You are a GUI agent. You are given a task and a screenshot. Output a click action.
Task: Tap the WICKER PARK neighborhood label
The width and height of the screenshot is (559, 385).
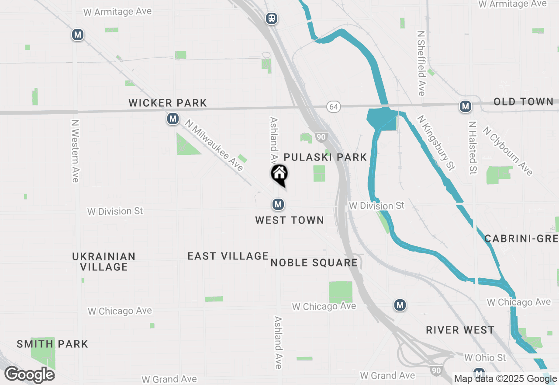tap(168, 103)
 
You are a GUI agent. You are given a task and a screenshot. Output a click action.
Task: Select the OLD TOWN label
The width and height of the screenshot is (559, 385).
tap(523, 102)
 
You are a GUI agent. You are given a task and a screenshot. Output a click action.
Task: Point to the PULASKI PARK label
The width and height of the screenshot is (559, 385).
tap(325, 157)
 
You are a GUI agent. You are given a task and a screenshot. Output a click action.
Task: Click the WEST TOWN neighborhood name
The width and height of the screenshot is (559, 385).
tap(290, 220)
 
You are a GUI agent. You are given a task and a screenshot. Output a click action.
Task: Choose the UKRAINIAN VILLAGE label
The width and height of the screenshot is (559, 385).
tap(104, 262)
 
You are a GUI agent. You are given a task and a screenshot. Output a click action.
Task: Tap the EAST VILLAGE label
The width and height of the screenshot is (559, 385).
tap(228, 256)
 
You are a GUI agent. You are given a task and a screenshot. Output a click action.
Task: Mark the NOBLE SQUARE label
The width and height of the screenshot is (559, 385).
tap(314, 262)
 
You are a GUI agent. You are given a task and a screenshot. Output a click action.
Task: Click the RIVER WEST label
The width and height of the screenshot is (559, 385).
tap(460, 330)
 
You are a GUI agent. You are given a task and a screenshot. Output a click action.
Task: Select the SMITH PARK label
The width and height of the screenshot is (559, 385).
tap(52, 344)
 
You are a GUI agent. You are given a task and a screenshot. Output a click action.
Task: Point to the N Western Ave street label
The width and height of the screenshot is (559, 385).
tap(75, 151)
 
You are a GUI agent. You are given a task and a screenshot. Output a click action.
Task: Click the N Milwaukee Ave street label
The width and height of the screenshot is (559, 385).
tap(214, 146)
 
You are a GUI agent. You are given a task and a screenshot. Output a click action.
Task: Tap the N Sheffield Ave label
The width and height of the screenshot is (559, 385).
tap(421, 63)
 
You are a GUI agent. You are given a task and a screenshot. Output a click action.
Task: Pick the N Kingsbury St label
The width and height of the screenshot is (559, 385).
tap(436, 143)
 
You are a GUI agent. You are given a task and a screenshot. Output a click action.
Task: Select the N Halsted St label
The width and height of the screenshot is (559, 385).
tap(472, 148)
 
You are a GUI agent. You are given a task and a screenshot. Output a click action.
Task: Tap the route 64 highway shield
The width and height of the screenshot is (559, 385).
tap(333, 106)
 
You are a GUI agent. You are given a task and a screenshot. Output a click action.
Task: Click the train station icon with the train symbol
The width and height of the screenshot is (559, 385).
tap(272, 18)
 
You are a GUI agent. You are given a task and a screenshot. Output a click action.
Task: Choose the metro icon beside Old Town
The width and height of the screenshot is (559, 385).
tap(465, 106)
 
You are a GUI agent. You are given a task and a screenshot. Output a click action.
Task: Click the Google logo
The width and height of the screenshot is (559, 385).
tap(30, 375)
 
